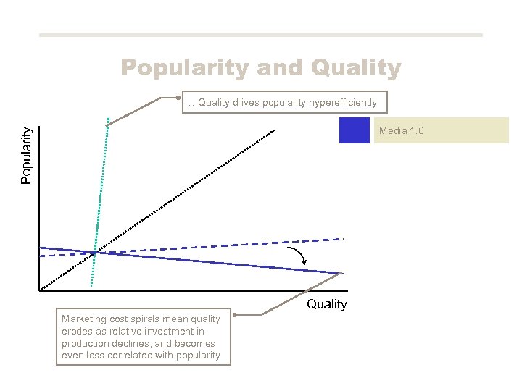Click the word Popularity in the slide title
[x=186, y=68]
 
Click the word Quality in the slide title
[x=355, y=68]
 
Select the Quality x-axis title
[x=327, y=304]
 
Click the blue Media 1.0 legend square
[x=355, y=130]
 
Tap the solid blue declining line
[x=217, y=262]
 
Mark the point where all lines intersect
[x=94, y=253]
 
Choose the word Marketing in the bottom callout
[x=83, y=319]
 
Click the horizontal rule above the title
[x=260, y=35]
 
